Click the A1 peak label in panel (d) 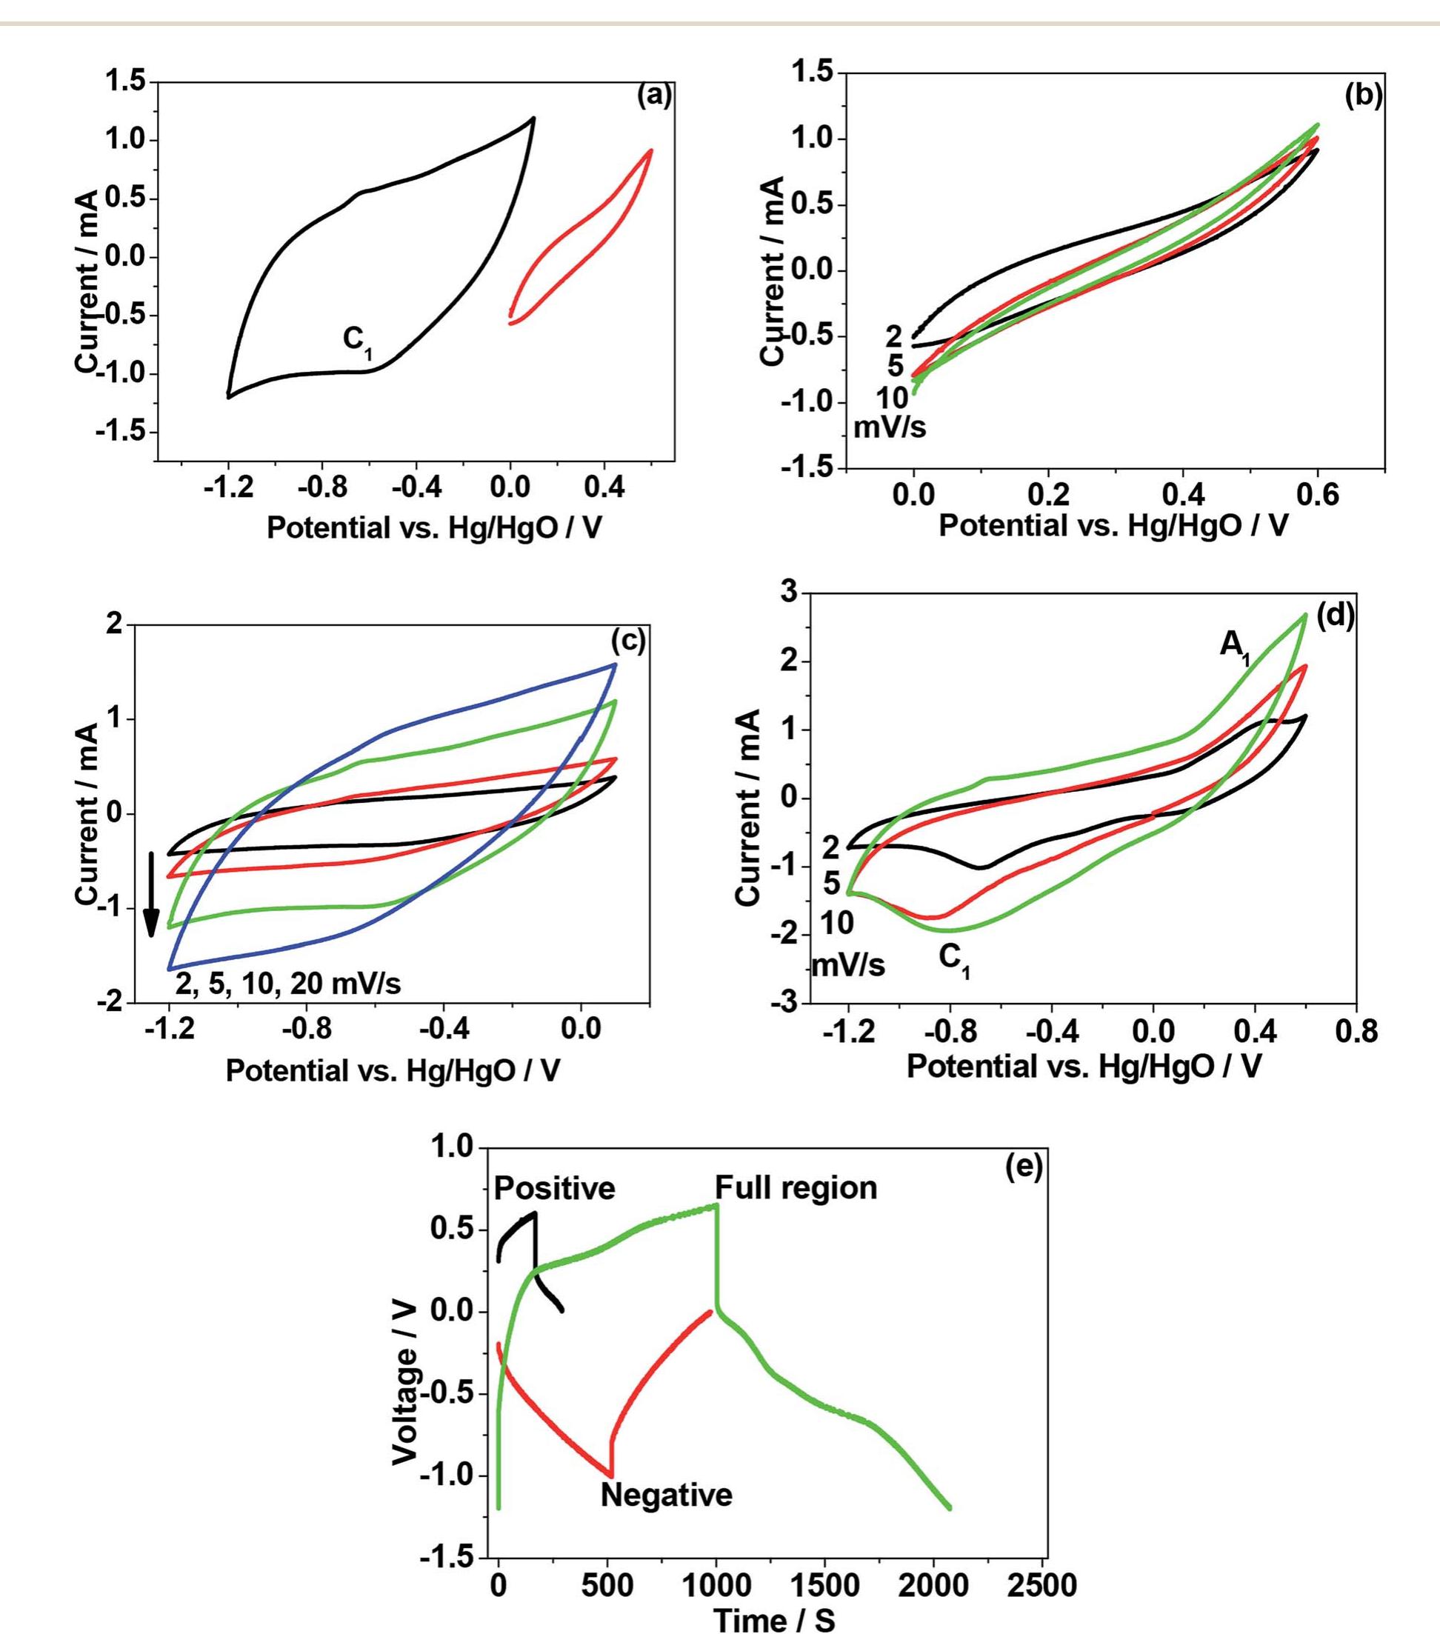(1236, 646)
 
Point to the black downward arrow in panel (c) (150, 894)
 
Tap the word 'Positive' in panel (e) (554, 1189)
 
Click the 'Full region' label (796, 1188)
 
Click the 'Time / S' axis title (774, 1618)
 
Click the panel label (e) (1024, 1168)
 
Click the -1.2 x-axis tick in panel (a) (229, 487)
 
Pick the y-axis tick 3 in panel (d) (789, 593)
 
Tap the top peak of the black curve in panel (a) (533, 119)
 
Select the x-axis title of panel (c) (393, 1071)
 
